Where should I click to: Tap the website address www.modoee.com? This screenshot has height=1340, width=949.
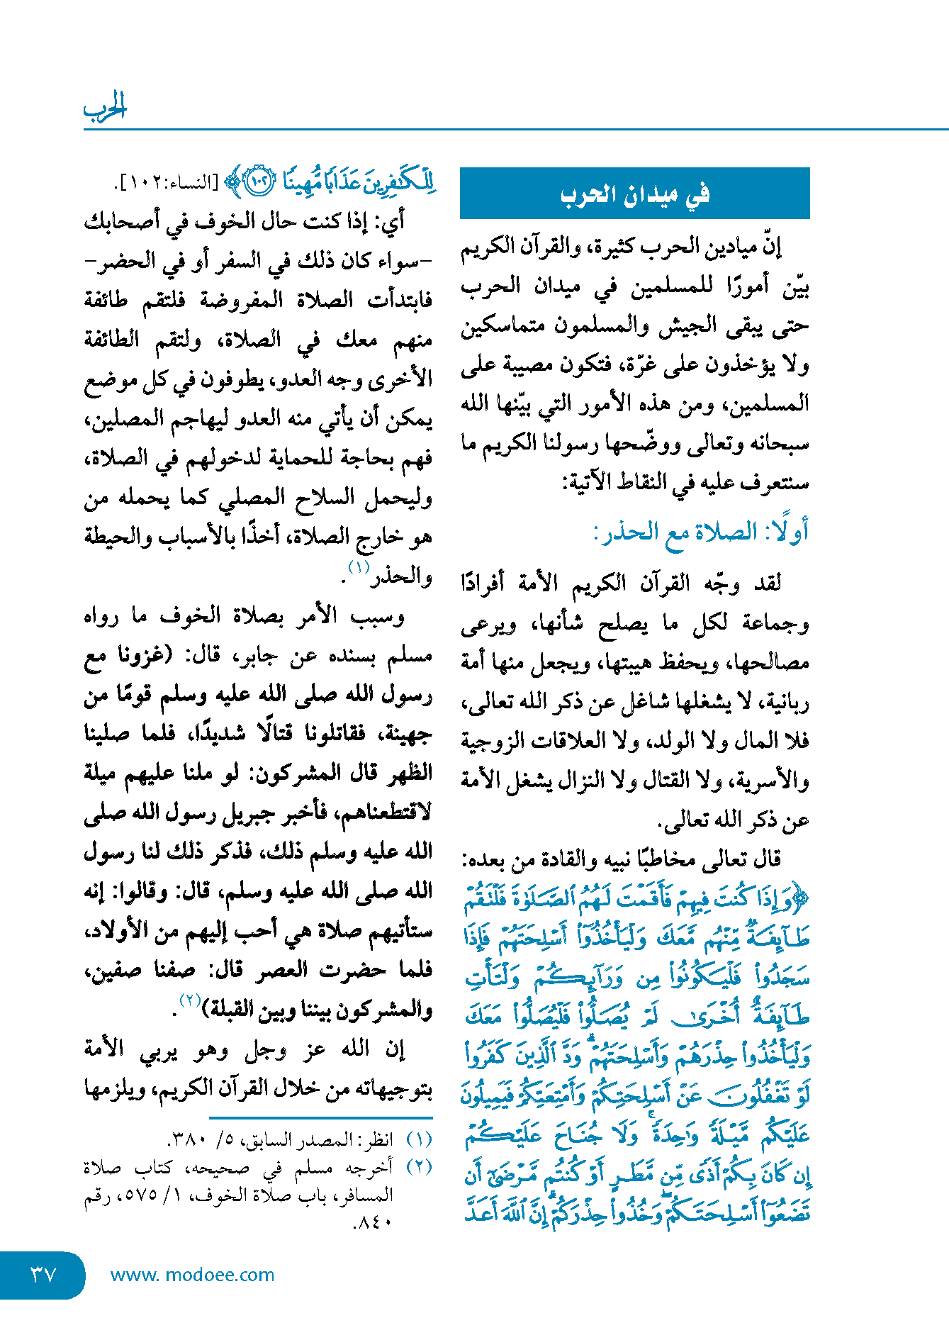click(x=192, y=1275)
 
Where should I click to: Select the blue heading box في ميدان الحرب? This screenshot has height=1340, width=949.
click(x=634, y=194)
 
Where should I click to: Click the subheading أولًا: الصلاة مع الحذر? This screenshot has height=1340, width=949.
click(x=701, y=532)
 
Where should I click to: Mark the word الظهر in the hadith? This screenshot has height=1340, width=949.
click(x=410, y=773)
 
